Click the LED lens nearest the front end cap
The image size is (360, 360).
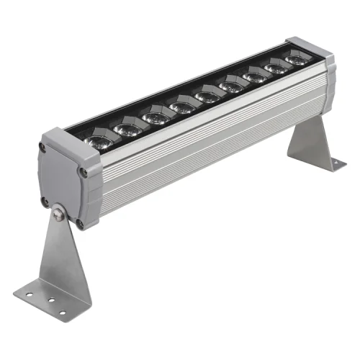99,139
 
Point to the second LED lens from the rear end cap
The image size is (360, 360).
276,68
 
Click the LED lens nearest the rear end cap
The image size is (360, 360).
297,59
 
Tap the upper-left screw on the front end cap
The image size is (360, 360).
44,148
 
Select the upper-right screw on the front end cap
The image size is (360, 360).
84,172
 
